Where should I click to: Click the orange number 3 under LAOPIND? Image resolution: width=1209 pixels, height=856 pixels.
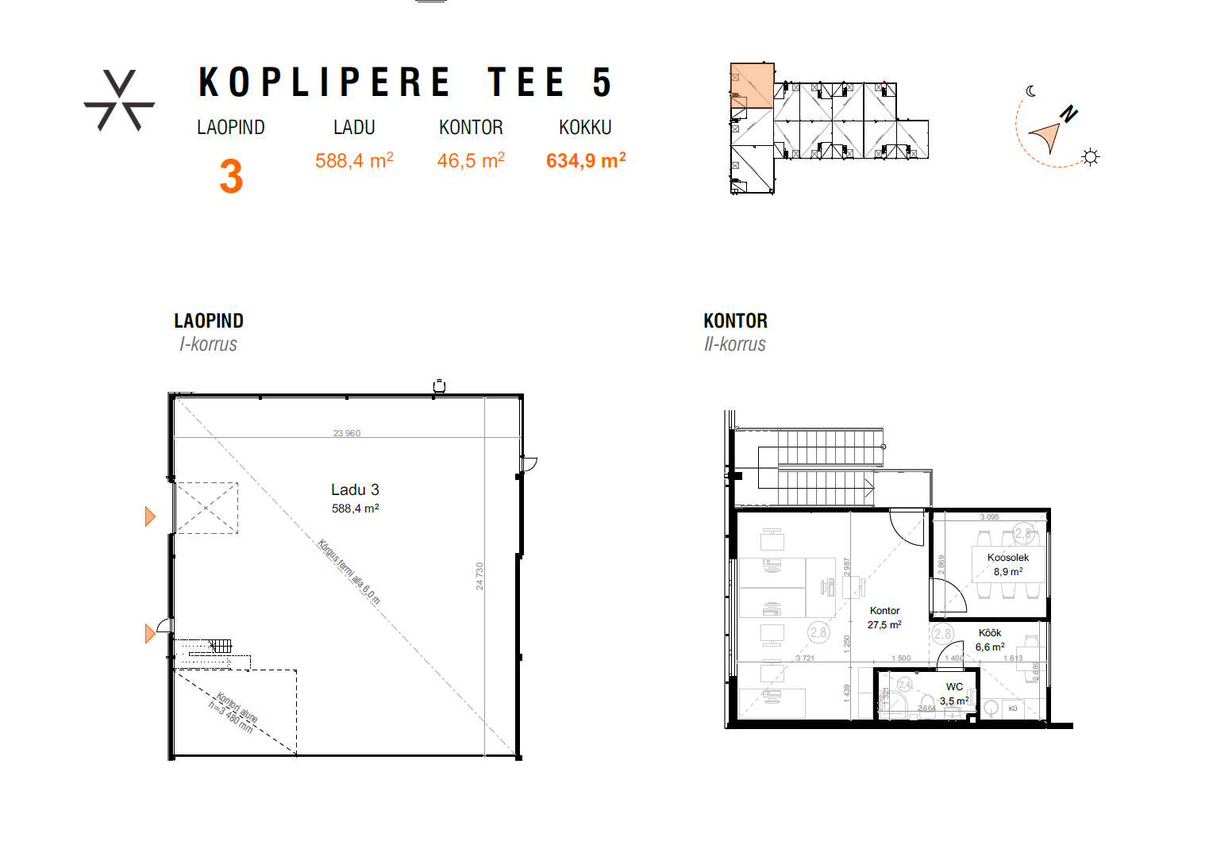(231, 176)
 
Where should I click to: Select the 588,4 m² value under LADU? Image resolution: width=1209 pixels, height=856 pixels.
(354, 161)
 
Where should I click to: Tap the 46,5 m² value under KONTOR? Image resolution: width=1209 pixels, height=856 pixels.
(471, 161)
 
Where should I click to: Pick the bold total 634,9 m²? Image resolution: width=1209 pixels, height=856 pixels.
(586, 161)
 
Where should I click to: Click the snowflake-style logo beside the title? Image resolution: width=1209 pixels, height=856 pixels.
(119, 101)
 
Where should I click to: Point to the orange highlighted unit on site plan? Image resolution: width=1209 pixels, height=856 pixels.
(752, 86)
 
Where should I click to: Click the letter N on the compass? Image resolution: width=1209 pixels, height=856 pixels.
(1068, 114)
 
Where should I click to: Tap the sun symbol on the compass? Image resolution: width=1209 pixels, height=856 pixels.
(1091, 157)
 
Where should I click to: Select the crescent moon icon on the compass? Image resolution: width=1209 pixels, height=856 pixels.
(1030, 91)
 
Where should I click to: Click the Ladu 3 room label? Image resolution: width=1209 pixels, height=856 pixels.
(355, 497)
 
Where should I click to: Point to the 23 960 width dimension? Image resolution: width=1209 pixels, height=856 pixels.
(347, 433)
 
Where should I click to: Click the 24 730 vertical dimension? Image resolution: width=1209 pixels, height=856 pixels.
(479, 576)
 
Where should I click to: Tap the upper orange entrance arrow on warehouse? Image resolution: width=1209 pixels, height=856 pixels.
(150, 516)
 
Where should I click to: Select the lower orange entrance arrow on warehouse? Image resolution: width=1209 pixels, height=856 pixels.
(150, 634)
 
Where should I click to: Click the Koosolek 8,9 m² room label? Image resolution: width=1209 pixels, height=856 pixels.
(1008, 564)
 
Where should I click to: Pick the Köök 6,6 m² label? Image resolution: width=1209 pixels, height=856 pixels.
(990, 639)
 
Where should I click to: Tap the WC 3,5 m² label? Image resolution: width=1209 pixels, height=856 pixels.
(954, 693)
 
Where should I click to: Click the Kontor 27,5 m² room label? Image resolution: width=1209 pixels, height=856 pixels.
(884, 617)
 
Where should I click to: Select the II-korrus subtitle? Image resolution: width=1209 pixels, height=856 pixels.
(735, 344)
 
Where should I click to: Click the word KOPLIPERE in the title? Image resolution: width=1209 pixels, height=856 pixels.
(325, 83)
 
